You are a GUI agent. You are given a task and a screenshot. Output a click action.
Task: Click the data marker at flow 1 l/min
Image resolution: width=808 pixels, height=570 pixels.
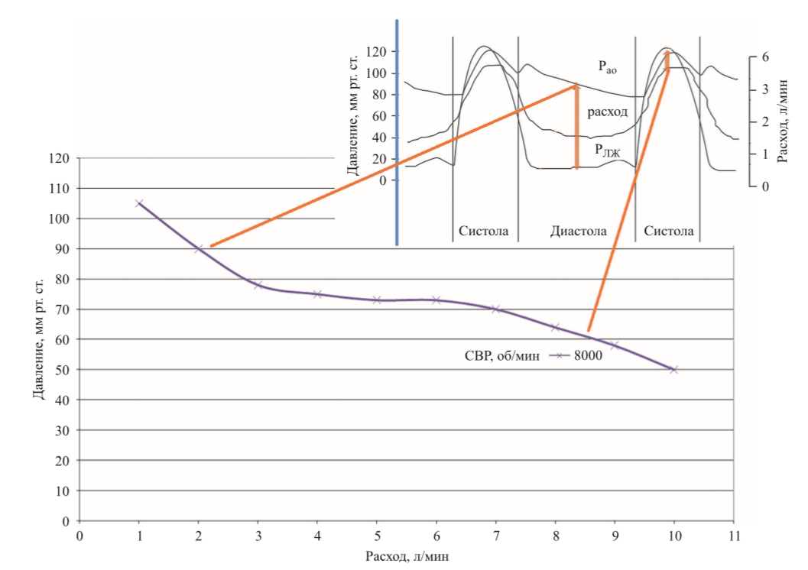(139, 203)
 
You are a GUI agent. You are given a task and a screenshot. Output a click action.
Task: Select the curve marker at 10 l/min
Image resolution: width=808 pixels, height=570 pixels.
(673, 369)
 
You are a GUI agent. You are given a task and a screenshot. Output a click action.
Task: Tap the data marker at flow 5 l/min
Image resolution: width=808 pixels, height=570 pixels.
(377, 300)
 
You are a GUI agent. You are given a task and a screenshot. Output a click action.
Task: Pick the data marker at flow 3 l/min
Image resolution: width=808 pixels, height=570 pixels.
(258, 285)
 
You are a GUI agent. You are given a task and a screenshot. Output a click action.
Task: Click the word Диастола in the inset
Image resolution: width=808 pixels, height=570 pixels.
(579, 231)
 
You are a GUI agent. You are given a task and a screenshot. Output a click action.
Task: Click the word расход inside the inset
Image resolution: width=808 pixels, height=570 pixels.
(608, 112)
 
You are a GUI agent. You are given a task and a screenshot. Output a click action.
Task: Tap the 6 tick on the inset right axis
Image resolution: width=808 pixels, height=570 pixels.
(764, 57)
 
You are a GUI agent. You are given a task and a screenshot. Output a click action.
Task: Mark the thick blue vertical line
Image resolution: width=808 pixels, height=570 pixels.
(398, 130)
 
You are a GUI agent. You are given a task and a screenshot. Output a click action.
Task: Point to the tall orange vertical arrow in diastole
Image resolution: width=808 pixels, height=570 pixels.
(577, 126)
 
